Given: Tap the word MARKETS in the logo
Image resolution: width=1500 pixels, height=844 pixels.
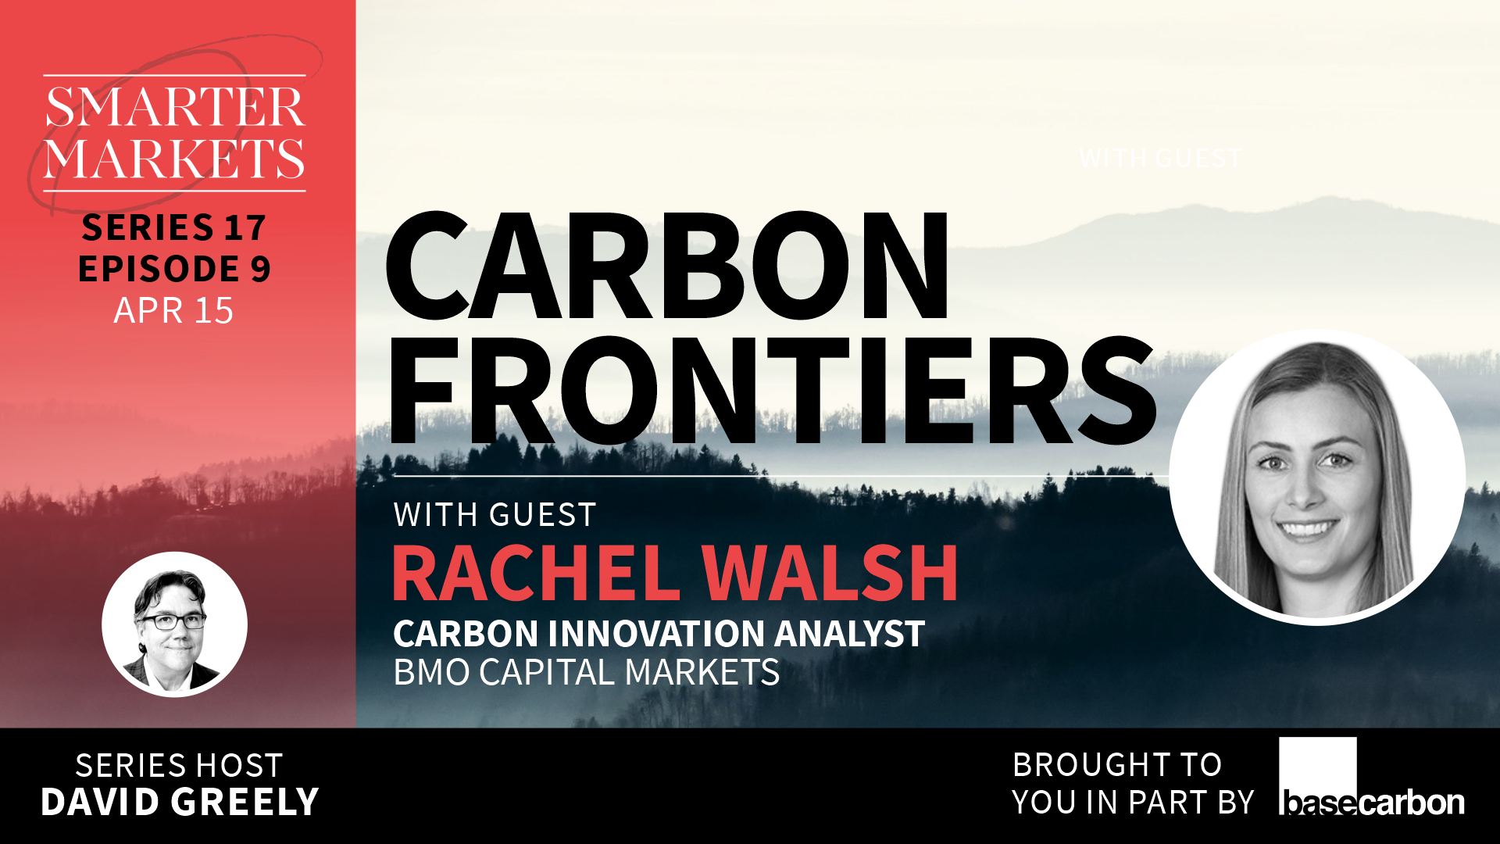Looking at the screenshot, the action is (174, 159).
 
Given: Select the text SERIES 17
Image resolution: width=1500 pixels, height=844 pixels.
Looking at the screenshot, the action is (174, 227).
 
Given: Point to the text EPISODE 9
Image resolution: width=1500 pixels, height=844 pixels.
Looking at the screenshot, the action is (174, 268).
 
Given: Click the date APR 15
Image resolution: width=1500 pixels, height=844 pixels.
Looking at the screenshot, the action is (173, 310).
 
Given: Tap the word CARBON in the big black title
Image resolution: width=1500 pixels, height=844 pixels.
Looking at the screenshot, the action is (667, 266).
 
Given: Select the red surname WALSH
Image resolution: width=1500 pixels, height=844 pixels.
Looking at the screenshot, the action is (830, 572).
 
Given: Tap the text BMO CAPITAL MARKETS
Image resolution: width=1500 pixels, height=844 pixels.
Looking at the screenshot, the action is (586, 672).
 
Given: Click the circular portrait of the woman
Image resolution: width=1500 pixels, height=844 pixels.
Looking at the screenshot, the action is (1317, 477).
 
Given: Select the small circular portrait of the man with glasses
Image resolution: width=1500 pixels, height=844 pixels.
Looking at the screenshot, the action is (174, 624).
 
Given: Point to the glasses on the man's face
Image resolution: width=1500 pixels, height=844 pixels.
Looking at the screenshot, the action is (173, 621).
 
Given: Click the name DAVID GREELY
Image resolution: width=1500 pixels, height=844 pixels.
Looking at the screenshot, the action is (180, 802).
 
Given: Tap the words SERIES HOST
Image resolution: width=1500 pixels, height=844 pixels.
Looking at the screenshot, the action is (179, 766).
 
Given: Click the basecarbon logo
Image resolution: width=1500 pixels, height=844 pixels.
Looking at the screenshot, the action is (1372, 777).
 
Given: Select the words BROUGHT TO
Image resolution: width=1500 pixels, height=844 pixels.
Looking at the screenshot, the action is (1117, 764).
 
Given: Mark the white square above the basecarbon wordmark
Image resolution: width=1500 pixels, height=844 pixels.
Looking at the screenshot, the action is (1317, 764).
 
